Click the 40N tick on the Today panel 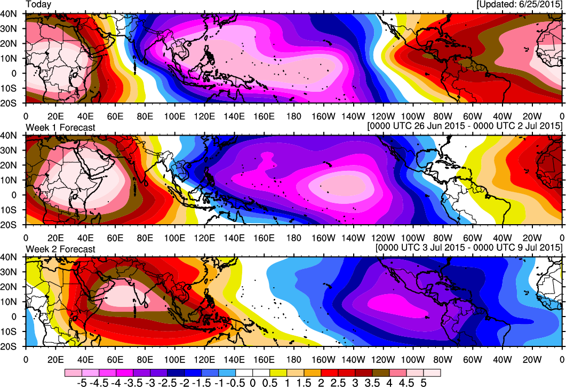click(11, 13)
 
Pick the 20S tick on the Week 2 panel click(11, 347)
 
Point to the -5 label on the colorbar click(82, 383)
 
